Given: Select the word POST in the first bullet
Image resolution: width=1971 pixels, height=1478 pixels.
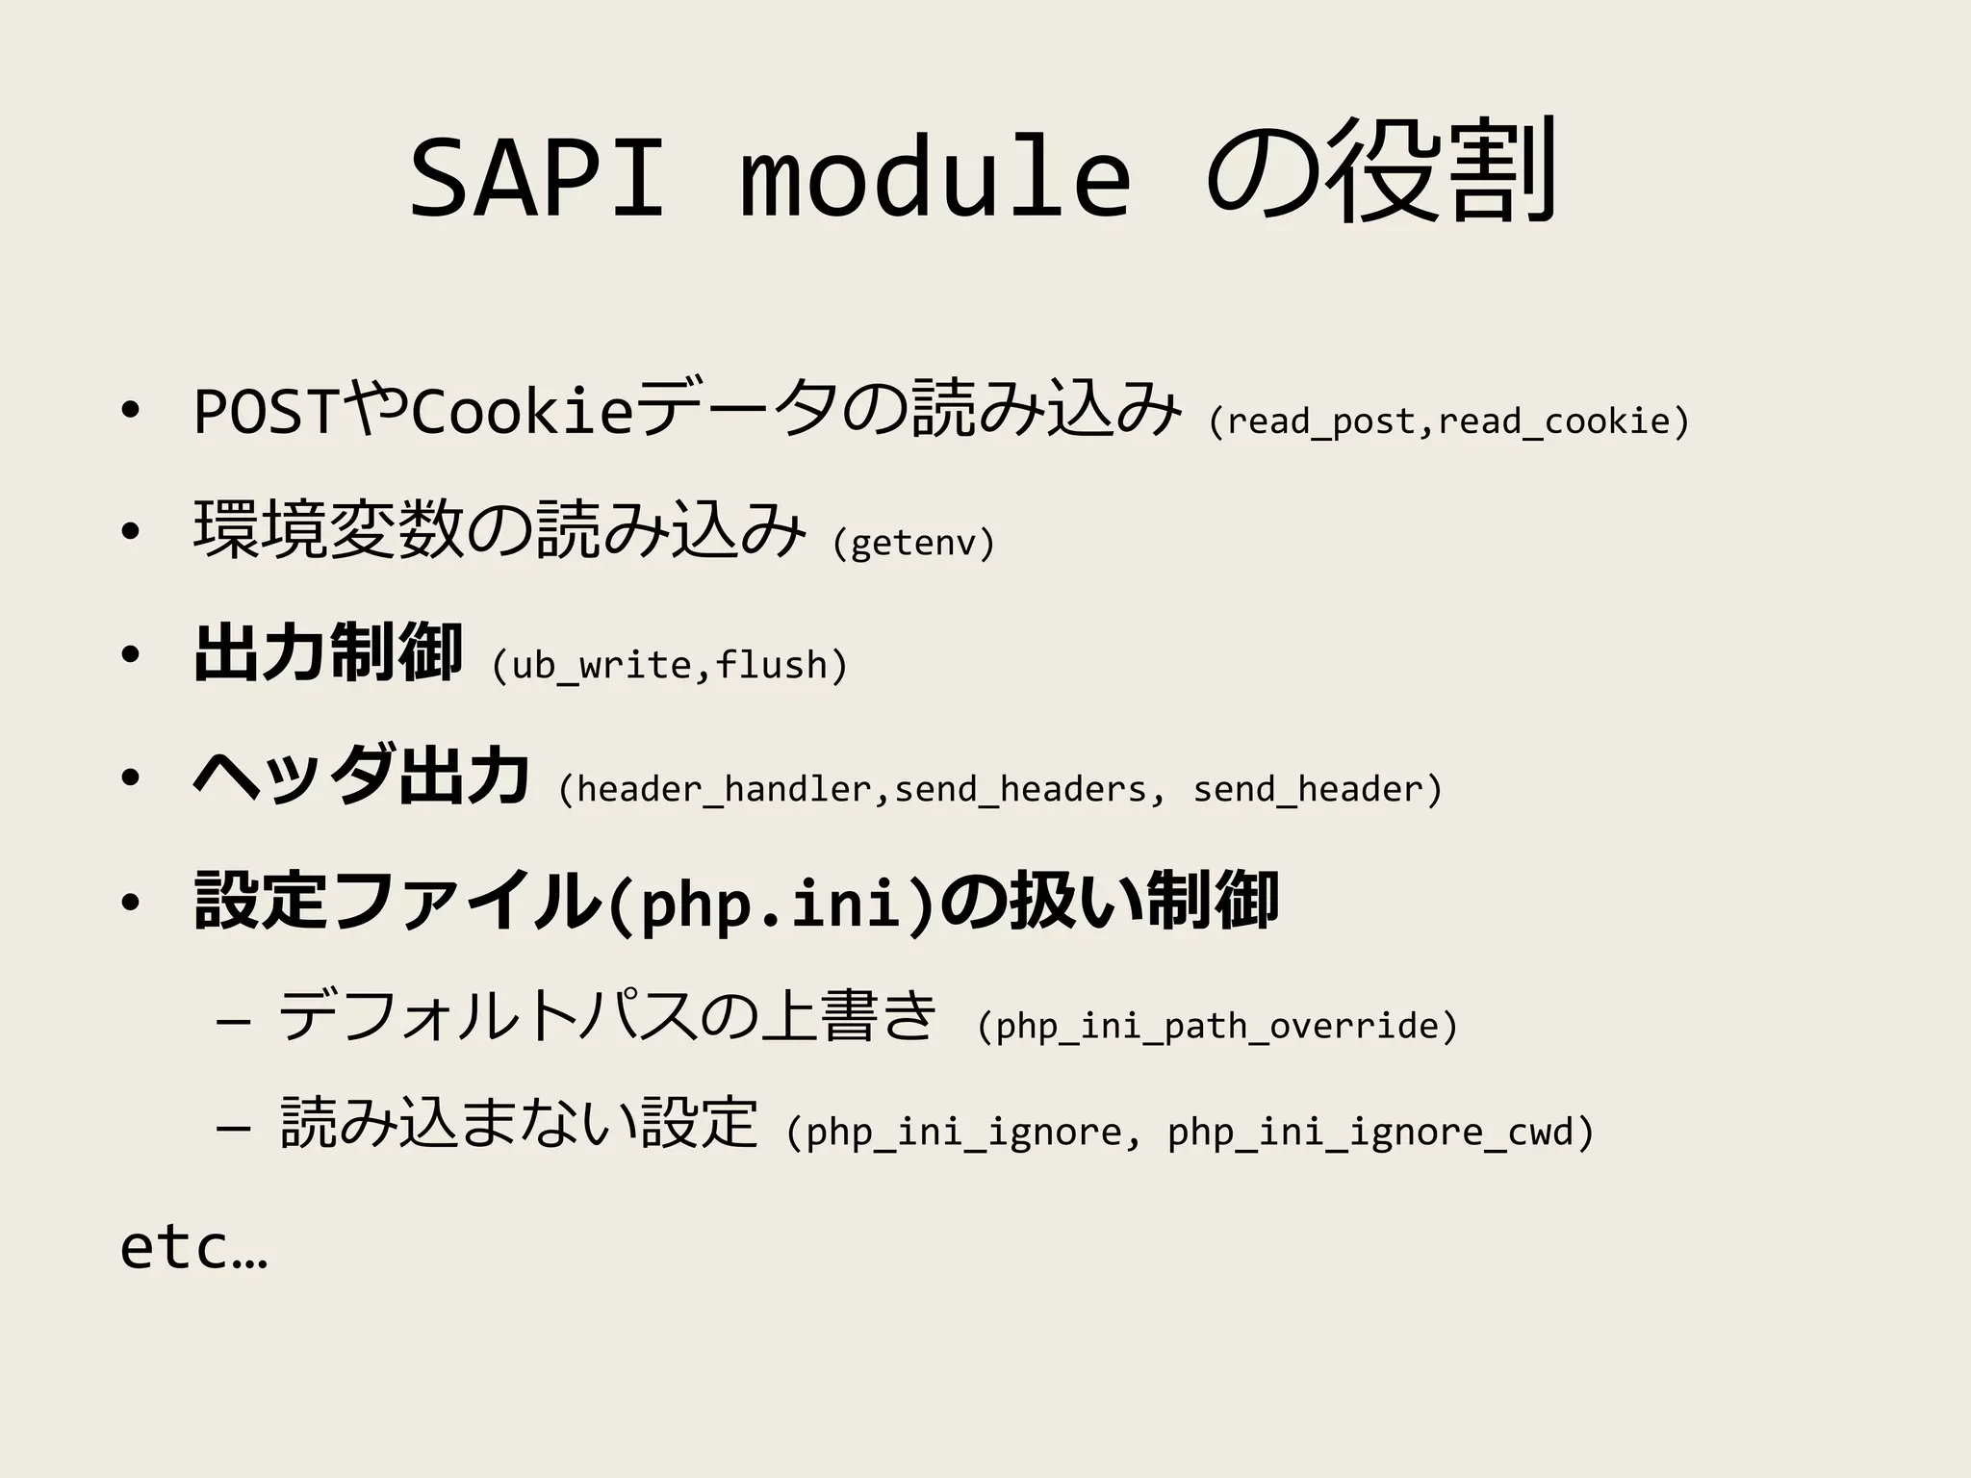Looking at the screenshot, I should click(x=266, y=413).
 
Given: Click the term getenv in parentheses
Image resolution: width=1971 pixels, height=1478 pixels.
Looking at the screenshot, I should click(x=913, y=544).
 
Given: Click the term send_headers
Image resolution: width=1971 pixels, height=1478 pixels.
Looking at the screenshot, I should click(x=1020, y=790).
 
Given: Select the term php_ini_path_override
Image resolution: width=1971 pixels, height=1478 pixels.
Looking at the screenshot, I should click(x=1217, y=1027).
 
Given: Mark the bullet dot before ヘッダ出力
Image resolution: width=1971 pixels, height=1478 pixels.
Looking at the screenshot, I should click(x=131, y=778).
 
